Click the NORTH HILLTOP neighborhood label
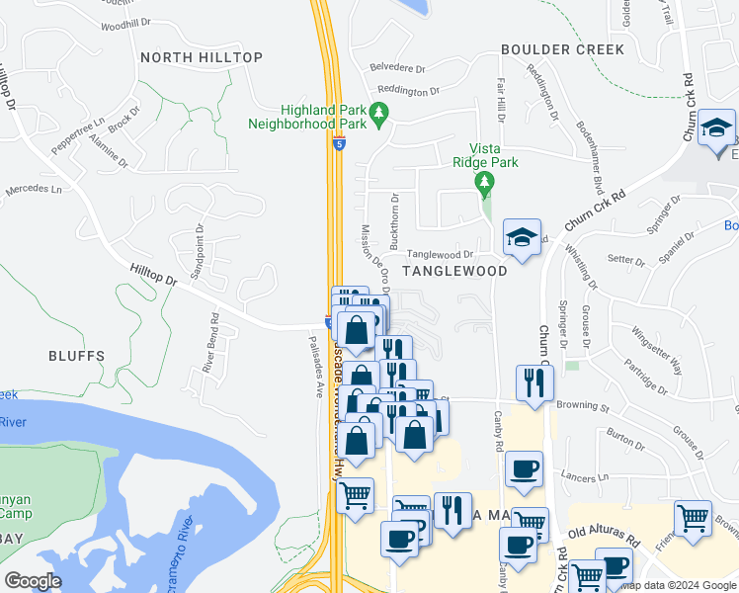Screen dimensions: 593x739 coord(202,57)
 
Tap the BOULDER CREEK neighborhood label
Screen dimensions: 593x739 coord(562,49)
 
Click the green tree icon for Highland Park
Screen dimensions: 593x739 coord(377,118)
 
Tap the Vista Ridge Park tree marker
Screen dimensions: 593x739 coord(484,183)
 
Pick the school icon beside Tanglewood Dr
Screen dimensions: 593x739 coord(522,238)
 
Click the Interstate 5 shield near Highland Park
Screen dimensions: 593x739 coord(339,144)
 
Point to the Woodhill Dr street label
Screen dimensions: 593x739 coord(124,22)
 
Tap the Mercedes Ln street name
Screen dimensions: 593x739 coord(33,188)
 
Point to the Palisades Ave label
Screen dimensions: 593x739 coord(317,365)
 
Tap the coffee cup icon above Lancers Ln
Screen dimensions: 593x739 coord(524,467)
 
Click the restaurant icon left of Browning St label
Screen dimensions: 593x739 coord(534,381)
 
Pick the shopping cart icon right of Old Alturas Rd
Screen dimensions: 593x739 coord(693,518)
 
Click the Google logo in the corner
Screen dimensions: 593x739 coord(33,581)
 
